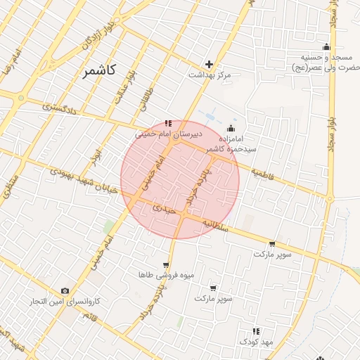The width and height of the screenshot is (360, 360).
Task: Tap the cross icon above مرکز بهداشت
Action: click(x=208, y=64)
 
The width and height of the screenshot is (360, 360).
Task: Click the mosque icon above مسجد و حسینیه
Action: click(x=326, y=46)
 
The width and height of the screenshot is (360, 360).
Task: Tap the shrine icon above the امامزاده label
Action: click(x=232, y=129)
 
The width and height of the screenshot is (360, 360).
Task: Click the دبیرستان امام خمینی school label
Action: click(x=169, y=132)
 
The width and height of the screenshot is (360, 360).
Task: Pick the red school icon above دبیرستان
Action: click(x=167, y=123)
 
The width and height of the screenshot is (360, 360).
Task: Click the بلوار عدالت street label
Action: click(x=124, y=88)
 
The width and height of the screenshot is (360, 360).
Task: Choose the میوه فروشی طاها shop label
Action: click(x=156, y=274)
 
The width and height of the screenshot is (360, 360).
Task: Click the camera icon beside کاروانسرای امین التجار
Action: click(x=65, y=291)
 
